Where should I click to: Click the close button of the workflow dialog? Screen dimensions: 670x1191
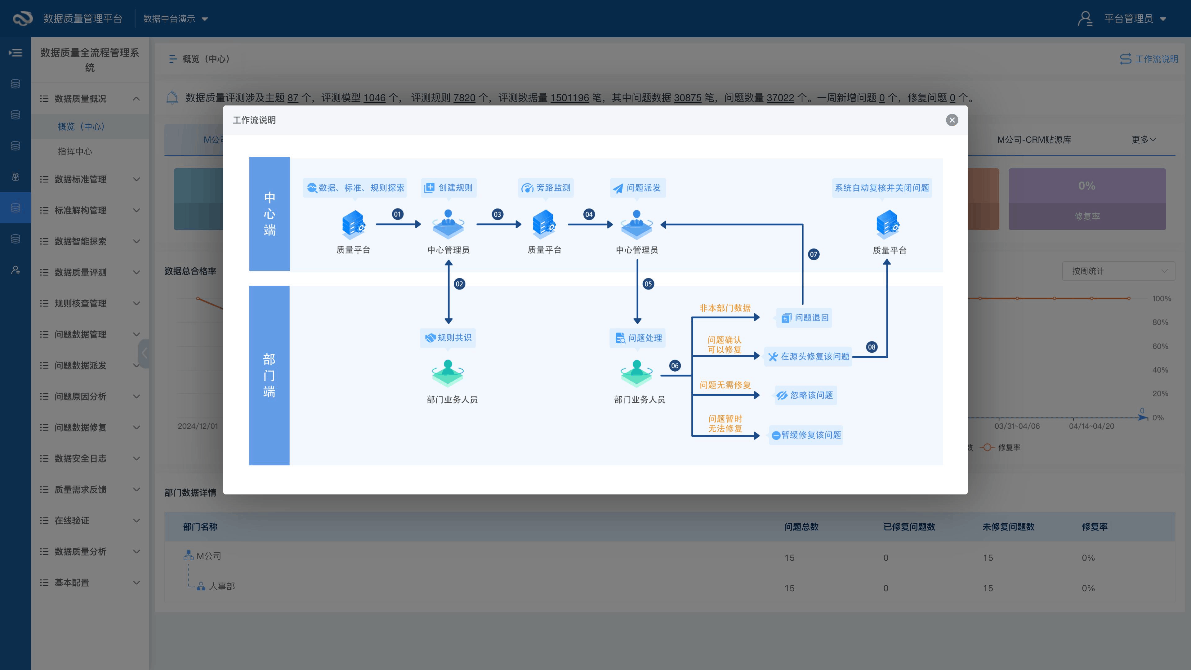pos(952,120)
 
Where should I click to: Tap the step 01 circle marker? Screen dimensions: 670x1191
pos(397,214)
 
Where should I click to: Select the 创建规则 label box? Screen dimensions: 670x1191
pos(448,188)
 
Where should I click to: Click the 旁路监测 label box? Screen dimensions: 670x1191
pos(546,188)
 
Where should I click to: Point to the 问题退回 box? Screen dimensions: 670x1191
pos(805,318)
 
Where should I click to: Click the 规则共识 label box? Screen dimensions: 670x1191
pos(448,337)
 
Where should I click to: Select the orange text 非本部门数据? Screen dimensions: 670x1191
pos(725,308)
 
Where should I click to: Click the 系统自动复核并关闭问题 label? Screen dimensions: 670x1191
pos(882,188)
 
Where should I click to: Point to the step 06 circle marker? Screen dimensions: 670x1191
pos(675,366)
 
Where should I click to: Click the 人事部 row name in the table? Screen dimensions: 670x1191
pos(222,586)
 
